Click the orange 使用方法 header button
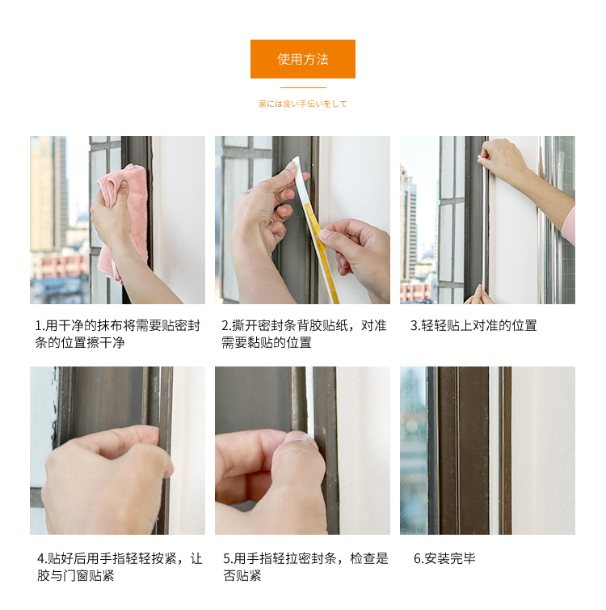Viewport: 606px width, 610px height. [303, 59]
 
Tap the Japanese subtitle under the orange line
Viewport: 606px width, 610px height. [303, 104]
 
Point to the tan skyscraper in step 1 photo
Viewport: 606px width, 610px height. [48, 193]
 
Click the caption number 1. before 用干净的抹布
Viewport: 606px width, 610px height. [40, 325]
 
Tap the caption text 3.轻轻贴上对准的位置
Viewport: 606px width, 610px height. [473, 325]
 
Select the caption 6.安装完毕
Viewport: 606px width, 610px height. [444, 559]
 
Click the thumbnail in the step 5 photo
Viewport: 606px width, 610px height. [300, 440]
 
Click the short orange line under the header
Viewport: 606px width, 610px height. [303, 88]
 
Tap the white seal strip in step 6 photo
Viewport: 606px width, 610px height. [494, 450]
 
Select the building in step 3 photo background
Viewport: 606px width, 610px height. [409, 226]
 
